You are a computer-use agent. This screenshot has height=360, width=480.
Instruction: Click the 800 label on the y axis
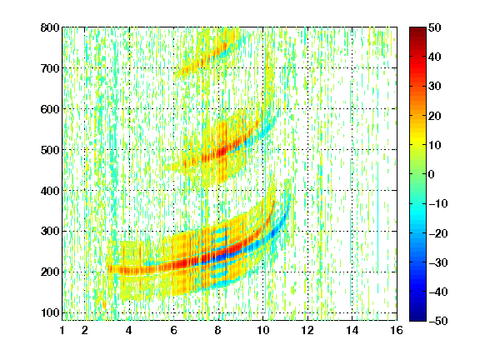pos(50,27)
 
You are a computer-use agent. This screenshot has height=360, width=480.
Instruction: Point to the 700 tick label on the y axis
pos(50,68)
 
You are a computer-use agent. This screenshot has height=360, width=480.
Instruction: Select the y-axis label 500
pos(50,150)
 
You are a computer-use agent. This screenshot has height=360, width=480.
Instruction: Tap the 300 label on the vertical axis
pos(50,232)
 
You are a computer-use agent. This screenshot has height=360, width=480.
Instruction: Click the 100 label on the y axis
pos(50,312)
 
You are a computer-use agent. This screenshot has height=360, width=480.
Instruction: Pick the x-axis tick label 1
pos(62,330)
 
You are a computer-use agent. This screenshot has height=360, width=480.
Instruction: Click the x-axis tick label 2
pos(85,330)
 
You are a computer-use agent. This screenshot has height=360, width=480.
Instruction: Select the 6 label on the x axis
pos(174,330)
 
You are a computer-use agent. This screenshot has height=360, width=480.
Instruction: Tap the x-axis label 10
pos(262,330)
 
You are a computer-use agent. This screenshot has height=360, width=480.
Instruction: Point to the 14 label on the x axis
pos(352,330)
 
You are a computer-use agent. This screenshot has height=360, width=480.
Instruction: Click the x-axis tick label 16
pos(397,330)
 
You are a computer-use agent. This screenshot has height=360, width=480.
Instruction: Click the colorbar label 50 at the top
pos(435,27)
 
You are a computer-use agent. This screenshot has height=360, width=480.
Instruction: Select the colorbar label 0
pos(432,174)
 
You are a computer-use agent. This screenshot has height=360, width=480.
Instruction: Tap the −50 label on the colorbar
pos(438,321)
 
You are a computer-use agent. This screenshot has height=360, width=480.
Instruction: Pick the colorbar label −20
pos(438,233)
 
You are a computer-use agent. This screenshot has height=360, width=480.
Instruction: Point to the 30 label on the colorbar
pos(435,87)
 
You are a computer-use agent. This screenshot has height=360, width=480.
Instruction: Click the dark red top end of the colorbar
pos(417,29)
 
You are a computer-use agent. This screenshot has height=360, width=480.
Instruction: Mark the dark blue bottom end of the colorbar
pos(417,319)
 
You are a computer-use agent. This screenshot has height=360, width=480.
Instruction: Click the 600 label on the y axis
pos(50,109)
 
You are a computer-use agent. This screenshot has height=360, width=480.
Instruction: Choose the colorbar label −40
pos(438,292)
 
